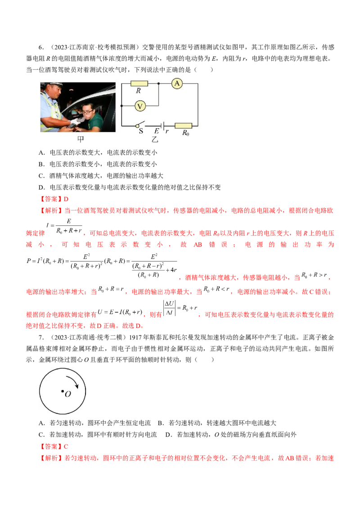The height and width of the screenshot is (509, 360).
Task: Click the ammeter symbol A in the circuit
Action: coord(177,84)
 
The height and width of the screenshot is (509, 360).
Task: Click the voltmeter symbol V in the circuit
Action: coord(140,106)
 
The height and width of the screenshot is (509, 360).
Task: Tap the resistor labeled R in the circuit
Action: coord(139,84)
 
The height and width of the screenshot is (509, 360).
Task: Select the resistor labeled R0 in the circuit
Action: coord(183,125)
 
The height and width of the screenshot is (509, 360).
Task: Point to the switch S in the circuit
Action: coord(140,125)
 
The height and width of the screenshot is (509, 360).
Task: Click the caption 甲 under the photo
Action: coord(81,139)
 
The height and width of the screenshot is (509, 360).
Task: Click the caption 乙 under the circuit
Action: coord(155,139)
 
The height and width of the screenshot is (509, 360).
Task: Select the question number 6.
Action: coord(41,47)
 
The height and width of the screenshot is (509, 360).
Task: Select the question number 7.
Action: coord(41,338)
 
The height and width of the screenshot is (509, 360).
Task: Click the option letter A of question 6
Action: coord(41,152)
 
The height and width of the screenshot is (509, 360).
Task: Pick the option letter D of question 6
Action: coord(41,188)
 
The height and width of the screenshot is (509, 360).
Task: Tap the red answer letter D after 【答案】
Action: coord(66,199)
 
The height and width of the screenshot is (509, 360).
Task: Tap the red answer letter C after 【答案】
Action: coord(66,446)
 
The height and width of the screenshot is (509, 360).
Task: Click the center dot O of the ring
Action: coord(63,391)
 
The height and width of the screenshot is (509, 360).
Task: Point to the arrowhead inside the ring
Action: coord(76,386)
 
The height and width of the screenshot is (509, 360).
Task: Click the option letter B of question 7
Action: coord(160,423)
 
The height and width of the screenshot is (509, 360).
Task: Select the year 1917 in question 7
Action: coord(136,338)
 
